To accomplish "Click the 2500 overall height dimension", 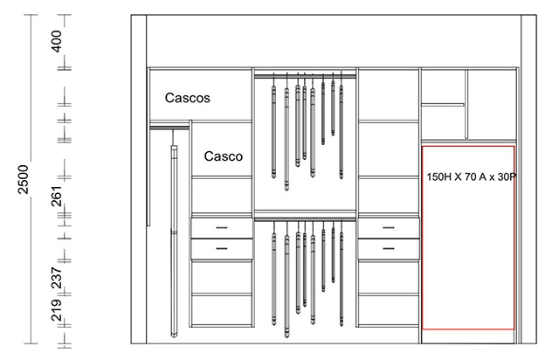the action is point(24,179).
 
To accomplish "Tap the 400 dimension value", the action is point(57,41).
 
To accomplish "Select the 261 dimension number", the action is point(57,196).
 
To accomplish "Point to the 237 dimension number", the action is point(57,278).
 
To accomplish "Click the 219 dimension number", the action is point(57,309).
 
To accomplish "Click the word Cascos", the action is point(188,98).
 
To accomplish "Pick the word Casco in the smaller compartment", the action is point(224,156).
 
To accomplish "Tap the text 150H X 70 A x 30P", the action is point(472,177).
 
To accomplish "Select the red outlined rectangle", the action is point(422,238).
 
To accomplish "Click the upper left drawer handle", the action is point(222,228).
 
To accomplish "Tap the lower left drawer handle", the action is point(222,248).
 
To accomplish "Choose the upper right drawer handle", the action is point(389,228).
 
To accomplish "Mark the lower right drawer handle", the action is point(389,248).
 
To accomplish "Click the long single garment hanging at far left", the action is point(174,241).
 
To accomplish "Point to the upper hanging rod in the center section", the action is point(305,76).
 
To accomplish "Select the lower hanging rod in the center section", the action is point(305,219).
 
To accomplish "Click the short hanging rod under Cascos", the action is point(169,128).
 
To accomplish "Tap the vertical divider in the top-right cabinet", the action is point(466,104).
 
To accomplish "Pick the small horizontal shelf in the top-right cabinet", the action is point(443,105).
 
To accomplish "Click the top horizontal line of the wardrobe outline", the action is point(334,15).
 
